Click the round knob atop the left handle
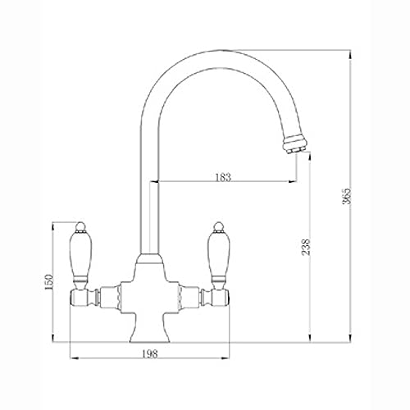(x=80, y=225)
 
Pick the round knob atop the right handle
(x=219, y=225)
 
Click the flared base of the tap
(x=150, y=327)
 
